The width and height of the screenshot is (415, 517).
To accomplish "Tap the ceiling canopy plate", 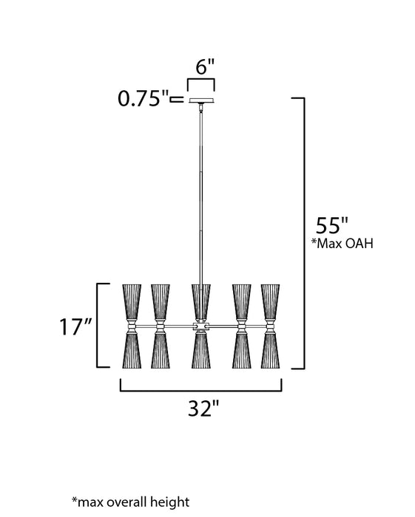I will pos(200,100).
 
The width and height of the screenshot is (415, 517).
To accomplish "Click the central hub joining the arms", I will pos(200,326).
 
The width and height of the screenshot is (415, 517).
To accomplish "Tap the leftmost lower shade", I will pos(132,349).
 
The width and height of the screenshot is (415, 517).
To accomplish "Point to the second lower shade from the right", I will pos(242,349).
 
